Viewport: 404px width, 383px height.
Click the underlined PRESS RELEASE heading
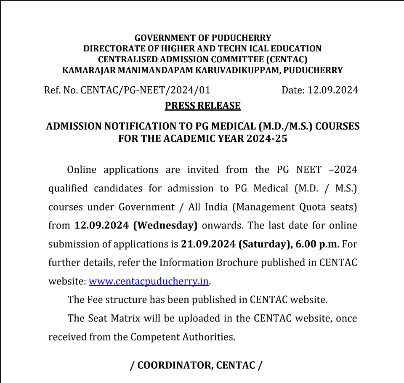(202, 106)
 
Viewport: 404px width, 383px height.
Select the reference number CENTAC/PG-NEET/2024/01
(145, 90)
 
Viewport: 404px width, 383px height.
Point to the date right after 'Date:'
(333, 90)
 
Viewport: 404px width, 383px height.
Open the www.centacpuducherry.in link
(149, 281)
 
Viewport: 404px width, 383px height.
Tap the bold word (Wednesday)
(165, 225)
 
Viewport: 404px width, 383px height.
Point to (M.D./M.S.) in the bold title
(285, 126)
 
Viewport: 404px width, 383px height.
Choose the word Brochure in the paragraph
(237, 263)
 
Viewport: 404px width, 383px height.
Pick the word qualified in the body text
(68, 188)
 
